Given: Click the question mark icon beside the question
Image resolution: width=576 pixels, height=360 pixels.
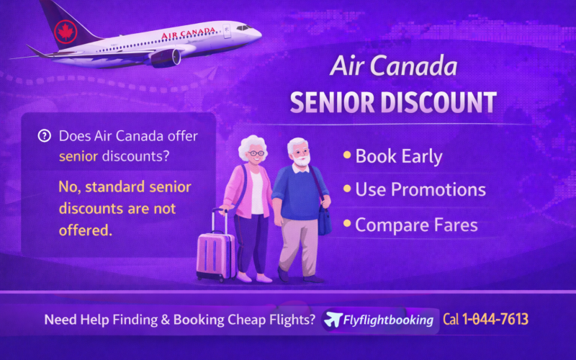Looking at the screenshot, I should (45, 135).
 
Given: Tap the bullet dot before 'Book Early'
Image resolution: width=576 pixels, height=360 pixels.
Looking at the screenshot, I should (346, 155).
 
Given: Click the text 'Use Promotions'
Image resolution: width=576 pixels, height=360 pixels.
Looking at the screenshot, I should (420, 190).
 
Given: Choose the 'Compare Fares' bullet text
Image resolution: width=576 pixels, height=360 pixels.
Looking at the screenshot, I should (416, 225).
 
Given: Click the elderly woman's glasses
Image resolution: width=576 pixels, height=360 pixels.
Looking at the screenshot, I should (256, 153).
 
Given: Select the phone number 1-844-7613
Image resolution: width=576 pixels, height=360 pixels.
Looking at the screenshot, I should (498, 319).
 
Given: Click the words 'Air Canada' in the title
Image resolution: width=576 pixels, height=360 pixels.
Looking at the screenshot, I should (393, 67).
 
